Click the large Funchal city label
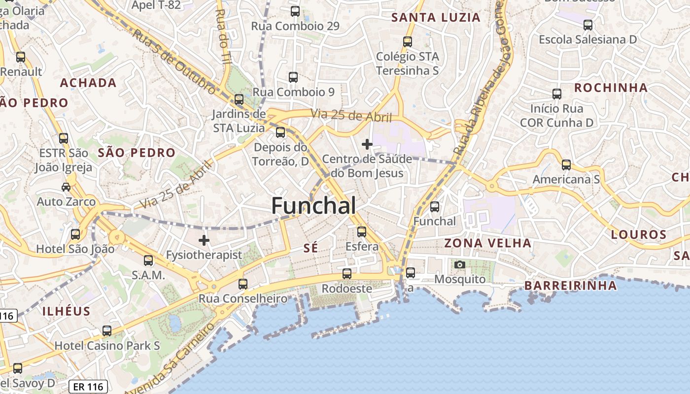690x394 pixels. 313,205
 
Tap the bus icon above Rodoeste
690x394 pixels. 347,274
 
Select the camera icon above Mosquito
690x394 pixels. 459,265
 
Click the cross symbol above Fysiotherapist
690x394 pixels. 204,240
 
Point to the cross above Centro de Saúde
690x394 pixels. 367,144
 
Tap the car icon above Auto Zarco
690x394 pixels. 66,187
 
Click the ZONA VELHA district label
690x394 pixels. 488,243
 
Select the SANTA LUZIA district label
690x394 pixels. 436,18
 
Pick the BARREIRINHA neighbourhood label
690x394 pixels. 570,285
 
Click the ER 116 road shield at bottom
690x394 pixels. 88,387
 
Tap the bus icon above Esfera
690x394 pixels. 362,231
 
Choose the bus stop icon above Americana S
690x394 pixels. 566,165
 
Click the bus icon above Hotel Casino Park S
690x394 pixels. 107,331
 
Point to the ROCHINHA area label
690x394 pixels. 611,88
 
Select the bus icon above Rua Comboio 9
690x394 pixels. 293,77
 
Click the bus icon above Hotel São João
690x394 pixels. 75,234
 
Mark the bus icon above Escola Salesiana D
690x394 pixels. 587,25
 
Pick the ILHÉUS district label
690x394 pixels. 67,311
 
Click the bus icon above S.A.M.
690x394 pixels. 148,261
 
